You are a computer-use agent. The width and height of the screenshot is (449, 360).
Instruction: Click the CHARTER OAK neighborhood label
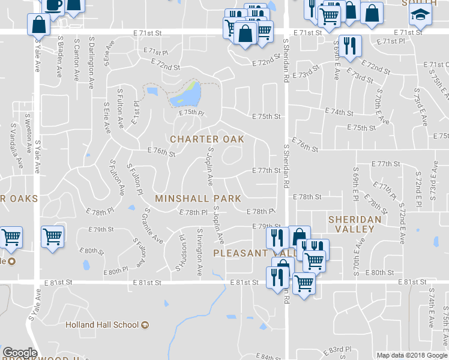(x=207, y=139)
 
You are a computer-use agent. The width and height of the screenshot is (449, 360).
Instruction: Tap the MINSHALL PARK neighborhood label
(x=198, y=198)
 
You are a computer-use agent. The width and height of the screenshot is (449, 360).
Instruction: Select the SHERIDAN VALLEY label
(x=355, y=225)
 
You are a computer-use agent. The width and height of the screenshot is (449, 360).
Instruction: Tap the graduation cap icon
(x=420, y=16)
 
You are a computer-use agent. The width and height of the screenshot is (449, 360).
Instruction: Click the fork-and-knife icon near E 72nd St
(x=348, y=46)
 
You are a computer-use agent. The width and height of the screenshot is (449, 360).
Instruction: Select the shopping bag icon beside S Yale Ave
(x=39, y=25)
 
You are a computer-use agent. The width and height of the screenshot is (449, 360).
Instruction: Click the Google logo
(x=20, y=353)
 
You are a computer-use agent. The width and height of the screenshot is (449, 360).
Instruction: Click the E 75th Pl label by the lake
(x=191, y=112)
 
